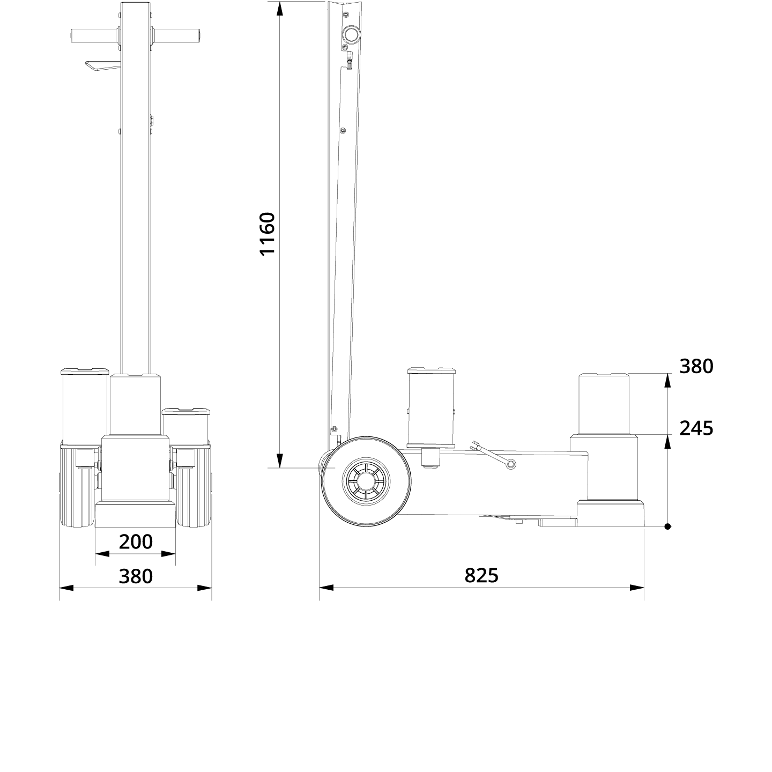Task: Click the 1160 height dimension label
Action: click(x=267, y=234)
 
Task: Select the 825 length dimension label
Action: click(x=481, y=575)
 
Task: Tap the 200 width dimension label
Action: click(x=136, y=542)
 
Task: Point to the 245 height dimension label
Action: click(x=696, y=428)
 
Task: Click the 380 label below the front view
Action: click(x=136, y=576)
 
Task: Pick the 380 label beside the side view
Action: click(x=696, y=367)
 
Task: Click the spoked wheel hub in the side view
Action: click(x=366, y=481)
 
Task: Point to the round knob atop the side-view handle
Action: click(x=352, y=35)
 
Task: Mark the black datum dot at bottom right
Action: click(x=667, y=526)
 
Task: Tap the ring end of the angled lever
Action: click(x=511, y=465)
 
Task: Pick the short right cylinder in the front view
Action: click(x=185, y=426)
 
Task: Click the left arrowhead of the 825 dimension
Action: click(x=326, y=588)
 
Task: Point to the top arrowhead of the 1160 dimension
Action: click(x=279, y=9)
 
